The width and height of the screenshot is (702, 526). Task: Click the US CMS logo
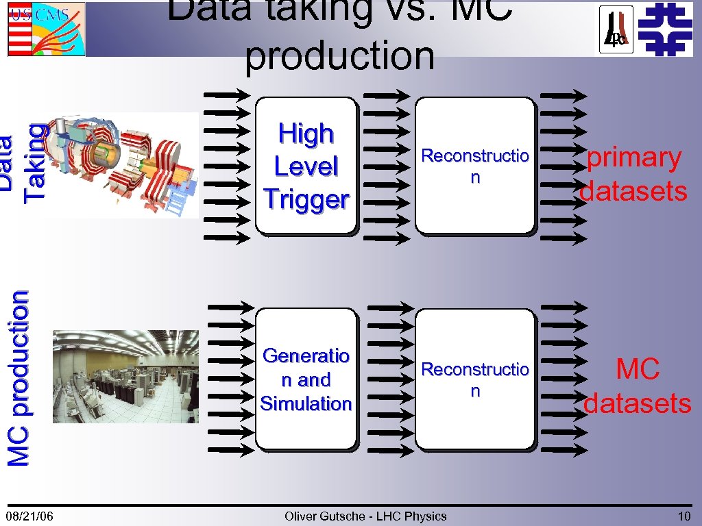(x=46, y=29)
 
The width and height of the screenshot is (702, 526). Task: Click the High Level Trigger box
(x=306, y=166)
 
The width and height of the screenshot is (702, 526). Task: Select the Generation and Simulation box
(x=306, y=379)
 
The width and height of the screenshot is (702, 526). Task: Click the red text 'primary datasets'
(x=633, y=175)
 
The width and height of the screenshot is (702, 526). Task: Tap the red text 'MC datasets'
(x=637, y=386)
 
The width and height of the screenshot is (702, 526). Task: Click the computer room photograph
(x=125, y=377)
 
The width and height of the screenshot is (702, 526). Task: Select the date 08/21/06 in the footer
(x=30, y=516)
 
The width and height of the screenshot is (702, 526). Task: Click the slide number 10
(x=683, y=516)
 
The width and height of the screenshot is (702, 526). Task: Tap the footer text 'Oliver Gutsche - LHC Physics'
(x=365, y=516)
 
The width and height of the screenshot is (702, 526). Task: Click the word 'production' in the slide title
(x=339, y=56)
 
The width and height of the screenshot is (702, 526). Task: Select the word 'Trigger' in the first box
(x=306, y=199)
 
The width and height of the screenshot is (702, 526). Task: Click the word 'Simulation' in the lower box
(x=306, y=403)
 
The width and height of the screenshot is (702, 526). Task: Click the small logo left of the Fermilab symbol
(x=616, y=29)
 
